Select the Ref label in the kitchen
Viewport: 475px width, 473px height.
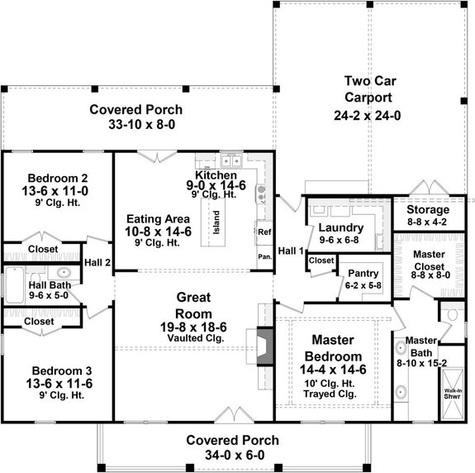[264, 232]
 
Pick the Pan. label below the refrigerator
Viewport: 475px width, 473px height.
[264, 256]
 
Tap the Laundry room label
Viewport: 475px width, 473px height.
[340, 227]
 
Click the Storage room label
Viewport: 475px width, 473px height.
[427, 210]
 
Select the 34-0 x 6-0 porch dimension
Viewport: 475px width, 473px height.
[231, 454]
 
